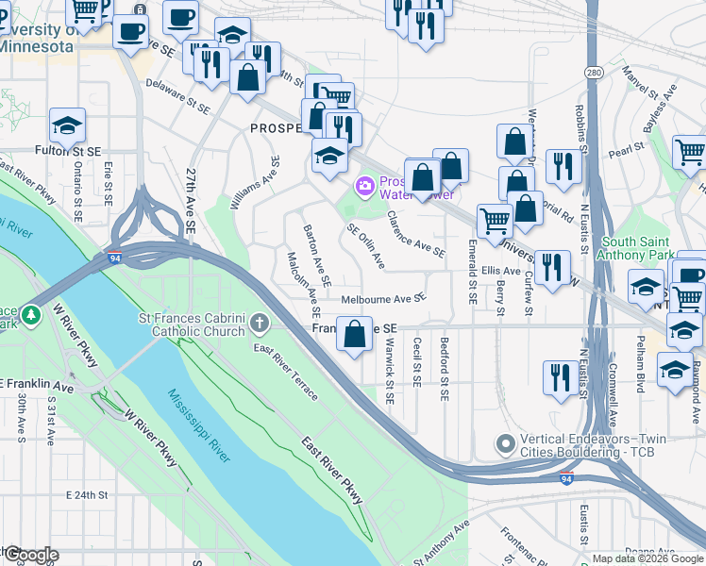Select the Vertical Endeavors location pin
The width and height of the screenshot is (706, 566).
click(x=507, y=442)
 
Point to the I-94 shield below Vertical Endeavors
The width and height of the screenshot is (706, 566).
click(x=565, y=479)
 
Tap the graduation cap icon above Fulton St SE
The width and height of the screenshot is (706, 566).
click(x=67, y=125)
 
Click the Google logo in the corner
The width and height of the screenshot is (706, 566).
click(x=30, y=554)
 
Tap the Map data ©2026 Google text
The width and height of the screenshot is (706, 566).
click(x=647, y=558)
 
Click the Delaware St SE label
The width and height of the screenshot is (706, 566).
click(x=177, y=96)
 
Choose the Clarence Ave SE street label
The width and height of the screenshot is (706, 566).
click(x=415, y=234)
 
